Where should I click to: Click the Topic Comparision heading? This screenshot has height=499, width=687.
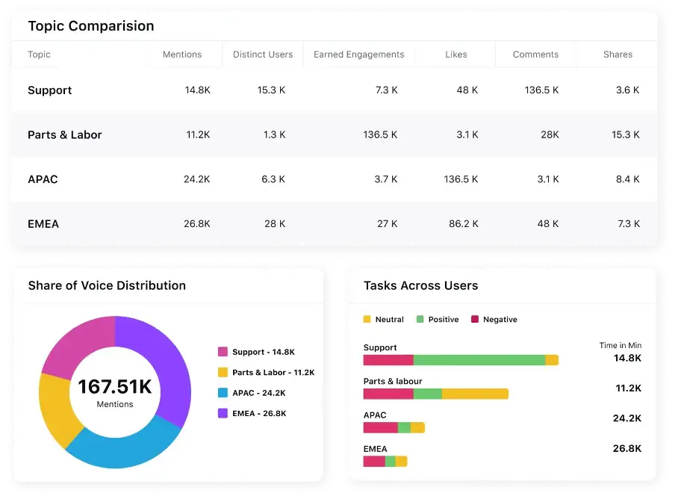pyautogui.click(x=91, y=26)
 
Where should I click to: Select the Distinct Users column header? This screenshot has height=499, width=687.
pyautogui.click(x=263, y=55)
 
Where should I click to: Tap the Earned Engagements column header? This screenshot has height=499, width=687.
pyautogui.click(x=358, y=55)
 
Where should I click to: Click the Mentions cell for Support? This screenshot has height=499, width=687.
pyautogui.click(x=198, y=90)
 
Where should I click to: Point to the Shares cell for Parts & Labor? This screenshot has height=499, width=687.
pyautogui.click(x=625, y=135)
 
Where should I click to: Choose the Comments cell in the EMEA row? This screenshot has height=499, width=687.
pyautogui.click(x=547, y=224)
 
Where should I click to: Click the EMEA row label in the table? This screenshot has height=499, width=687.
pyautogui.click(x=43, y=224)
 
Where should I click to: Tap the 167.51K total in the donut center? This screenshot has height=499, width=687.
pyautogui.click(x=115, y=387)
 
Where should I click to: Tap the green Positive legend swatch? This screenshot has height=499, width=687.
pyautogui.click(x=420, y=320)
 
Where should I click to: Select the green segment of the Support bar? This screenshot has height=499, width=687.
pyautogui.click(x=479, y=360)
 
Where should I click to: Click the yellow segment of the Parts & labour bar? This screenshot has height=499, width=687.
pyautogui.click(x=475, y=394)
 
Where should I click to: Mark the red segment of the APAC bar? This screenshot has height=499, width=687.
pyautogui.click(x=380, y=428)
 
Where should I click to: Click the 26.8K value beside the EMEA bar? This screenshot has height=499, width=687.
pyautogui.click(x=627, y=448)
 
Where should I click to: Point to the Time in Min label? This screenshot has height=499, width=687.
pyautogui.click(x=620, y=346)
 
